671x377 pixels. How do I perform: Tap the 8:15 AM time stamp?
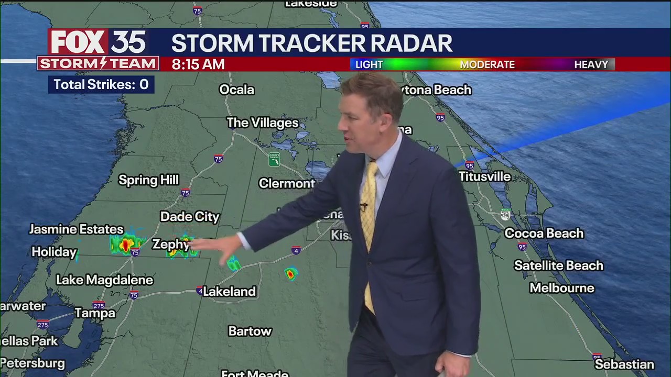(x=198, y=64)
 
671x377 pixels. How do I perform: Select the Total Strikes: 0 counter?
(x=101, y=85)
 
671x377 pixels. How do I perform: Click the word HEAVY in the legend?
(x=591, y=64)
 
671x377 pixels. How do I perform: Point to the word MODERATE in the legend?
(x=487, y=64)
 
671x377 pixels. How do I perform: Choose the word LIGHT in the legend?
(x=369, y=64)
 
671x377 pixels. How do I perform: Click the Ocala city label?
(x=236, y=90)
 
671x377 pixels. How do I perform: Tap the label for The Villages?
(x=262, y=123)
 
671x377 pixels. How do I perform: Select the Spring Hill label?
(x=148, y=180)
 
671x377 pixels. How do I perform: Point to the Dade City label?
(x=190, y=216)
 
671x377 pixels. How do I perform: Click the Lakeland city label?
(x=229, y=292)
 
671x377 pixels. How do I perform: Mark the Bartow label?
(x=250, y=331)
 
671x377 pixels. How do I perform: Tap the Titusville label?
(x=484, y=176)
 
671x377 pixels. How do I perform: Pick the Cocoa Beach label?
(x=544, y=233)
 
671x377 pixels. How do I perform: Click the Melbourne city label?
(x=561, y=288)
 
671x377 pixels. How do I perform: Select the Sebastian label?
(x=624, y=364)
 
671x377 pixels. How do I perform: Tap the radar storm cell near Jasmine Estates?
(x=126, y=244)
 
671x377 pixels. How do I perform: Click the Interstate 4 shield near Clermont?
(x=296, y=250)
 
